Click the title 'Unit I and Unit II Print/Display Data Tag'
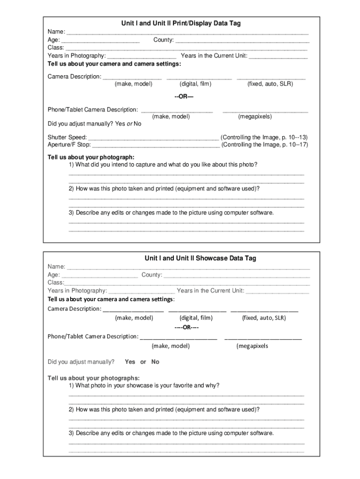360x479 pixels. tap(180, 23)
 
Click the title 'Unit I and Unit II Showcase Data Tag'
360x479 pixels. tap(200, 258)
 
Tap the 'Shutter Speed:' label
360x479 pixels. tap(67, 138)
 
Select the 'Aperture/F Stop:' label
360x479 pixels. tap(69, 145)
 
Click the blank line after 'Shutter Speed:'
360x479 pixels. tap(153, 138)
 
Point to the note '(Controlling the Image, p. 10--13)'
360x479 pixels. tap(264, 138)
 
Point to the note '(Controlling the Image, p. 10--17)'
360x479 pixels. tap(265, 145)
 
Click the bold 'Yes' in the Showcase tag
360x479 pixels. tap(130, 362)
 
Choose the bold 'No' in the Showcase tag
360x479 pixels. tap(155, 362)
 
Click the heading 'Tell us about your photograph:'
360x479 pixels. tap(91, 157)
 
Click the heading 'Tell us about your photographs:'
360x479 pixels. tap(93, 378)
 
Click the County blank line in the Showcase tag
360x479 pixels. tap(237, 276)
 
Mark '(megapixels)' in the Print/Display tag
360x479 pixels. tap(255, 116)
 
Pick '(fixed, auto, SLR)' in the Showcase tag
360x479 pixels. tap(264, 318)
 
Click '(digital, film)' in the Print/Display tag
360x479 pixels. tap(195, 84)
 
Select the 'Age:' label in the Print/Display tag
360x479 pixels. tap(54, 40)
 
